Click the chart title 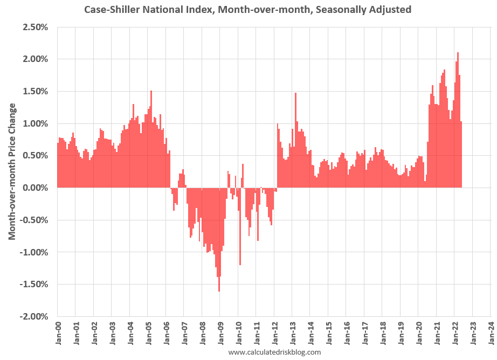(247, 10)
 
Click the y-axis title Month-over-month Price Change (12, 171)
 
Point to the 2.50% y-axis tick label (36, 27)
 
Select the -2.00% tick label (34, 316)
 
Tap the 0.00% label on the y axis (36, 188)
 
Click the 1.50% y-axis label (36, 92)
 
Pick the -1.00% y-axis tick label (34, 253)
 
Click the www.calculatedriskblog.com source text (274, 352)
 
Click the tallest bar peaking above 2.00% (458, 120)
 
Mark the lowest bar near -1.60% (219, 240)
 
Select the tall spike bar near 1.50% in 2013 (295, 140)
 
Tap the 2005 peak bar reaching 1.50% (151, 139)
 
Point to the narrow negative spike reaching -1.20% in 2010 (240, 226)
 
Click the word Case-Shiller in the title (112, 10)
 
